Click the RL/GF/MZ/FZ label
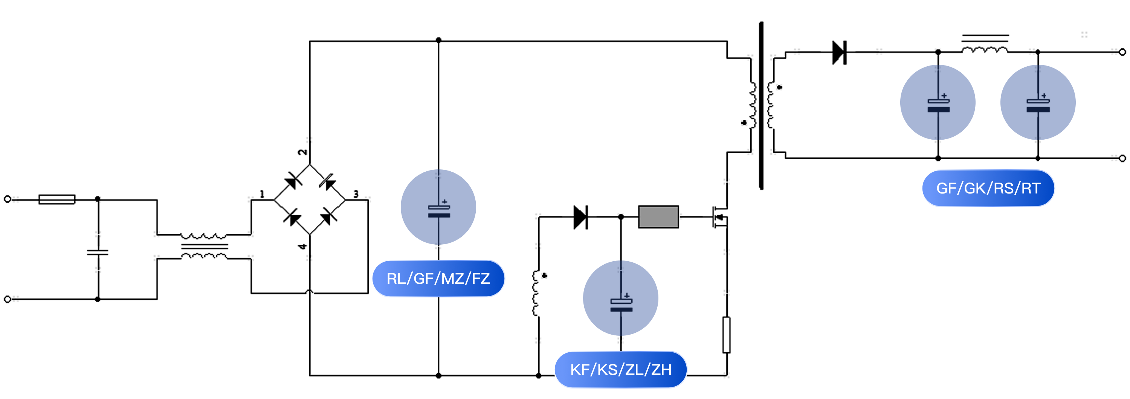point(438,279)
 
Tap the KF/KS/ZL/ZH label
point(621,370)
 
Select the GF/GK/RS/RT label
point(988,188)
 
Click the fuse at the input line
point(57,200)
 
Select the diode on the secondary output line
point(839,52)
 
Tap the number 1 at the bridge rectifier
point(262,194)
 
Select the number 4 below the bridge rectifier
point(302,247)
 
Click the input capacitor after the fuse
point(98,252)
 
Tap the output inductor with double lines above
point(985,49)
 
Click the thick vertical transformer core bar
point(761,105)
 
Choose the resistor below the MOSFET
point(727,335)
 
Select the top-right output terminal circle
point(1122,52)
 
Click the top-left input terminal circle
point(8,199)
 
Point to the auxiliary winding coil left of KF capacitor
point(536,293)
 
